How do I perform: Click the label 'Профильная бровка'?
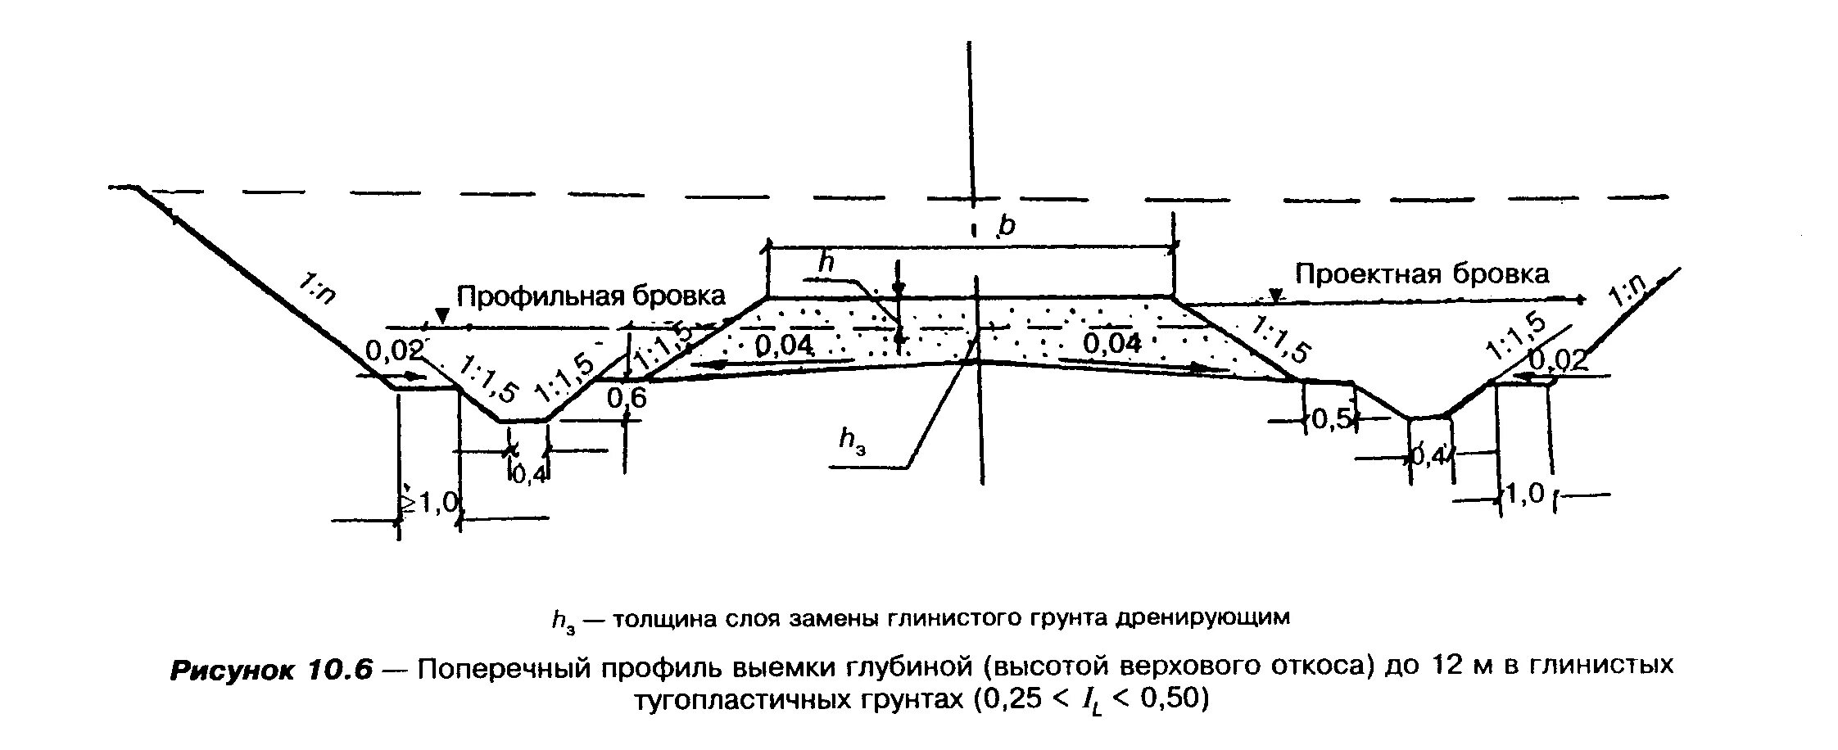pos(591,296)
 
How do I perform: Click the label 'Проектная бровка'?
pos(1422,273)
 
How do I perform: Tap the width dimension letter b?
pos(1006,225)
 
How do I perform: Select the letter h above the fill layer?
pos(827,262)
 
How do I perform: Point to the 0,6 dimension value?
pos(627,398)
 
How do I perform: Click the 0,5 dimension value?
pos(1329,419)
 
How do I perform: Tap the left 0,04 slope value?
pos(784,346)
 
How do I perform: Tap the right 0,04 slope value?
pos(1111,343)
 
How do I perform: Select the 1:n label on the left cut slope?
pos(316,290)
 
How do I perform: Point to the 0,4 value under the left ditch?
pos(530,474)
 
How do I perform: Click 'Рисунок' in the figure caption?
pos(231,670)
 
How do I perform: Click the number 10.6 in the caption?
pos(339,670)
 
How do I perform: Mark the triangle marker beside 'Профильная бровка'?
pos(442,314)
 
